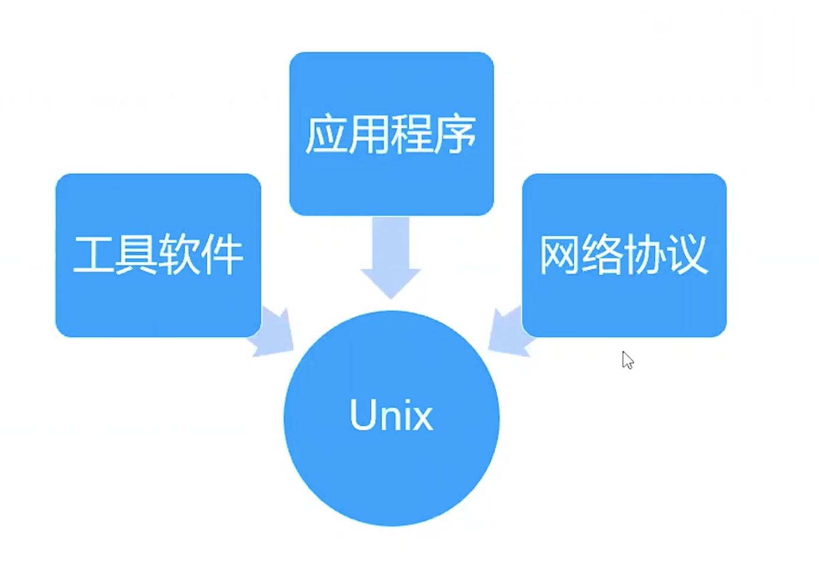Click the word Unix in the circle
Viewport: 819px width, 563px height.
[x=392, y=415]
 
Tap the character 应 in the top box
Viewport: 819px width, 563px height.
[x=326, y=134]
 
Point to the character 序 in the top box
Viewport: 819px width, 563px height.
[x=454, y=134]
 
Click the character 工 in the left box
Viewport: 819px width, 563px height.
[x=94, y=255]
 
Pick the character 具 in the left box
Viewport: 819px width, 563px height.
[x=136, y=255]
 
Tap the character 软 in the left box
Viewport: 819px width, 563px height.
[x=179, y=255]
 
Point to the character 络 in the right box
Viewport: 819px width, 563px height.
[x=602, y=255]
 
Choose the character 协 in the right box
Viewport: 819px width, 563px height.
[x=645, y=255]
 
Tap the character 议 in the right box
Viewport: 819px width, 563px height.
[x=688, y=255]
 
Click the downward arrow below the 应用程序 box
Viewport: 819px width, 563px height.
[x=391, y=258]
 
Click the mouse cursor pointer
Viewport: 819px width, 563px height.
[x=627, y=360]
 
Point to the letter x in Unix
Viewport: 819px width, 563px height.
[x=423, y=419]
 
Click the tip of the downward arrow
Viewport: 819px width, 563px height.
[x=391, y=299]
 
